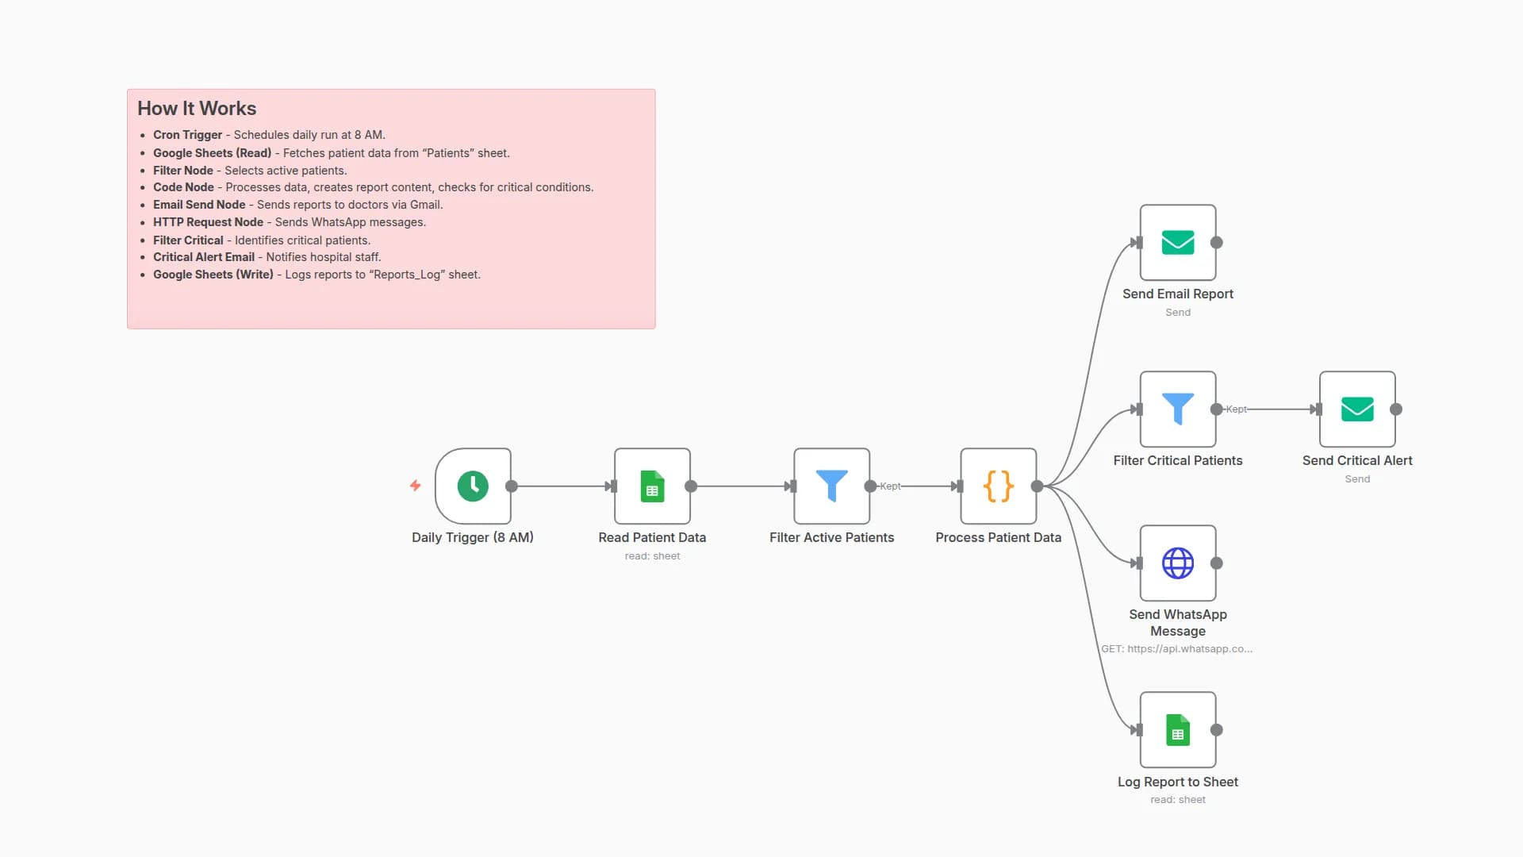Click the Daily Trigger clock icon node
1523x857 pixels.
click(x=473, y=486)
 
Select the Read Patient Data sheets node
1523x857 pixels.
click(x=652, y=486)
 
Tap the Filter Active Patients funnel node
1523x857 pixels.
click(x=831, y=486)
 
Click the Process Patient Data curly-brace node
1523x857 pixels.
click(x=998, y=486)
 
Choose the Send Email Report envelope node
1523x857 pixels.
click(x=1178, y=242)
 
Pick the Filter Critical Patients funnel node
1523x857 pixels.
click(x=1178, y=409)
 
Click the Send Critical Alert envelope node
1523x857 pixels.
click(x=1357, y=409)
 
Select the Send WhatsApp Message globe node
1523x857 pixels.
click(x=1178, y=563)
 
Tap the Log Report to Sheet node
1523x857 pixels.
click(x=1178, y=729)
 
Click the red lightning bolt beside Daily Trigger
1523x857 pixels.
click(x=415, y=485)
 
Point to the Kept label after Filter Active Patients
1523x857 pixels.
click(x=890, y=486)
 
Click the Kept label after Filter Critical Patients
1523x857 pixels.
click(x=1236, y=409)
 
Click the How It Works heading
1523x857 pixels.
click(x=197, y=108)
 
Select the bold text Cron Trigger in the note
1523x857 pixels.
click(x=187, y=135)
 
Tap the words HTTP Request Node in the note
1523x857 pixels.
click(x=208, y=222)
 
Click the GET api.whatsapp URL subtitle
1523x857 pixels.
click(x=1176, y=648)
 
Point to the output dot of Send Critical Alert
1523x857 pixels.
click(x=1396, y=409)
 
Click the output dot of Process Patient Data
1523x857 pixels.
click(x=1037, y=486)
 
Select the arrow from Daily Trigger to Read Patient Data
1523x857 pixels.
click(x=562, y=486)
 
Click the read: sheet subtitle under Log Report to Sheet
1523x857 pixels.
click(x=1178, y=799)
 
